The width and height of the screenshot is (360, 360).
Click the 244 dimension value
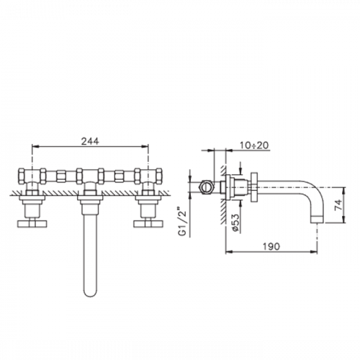(x=90, y=141)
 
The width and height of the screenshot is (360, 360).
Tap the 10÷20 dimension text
(x=254, y=145)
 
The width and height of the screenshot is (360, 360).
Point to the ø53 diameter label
(x=235, y=222)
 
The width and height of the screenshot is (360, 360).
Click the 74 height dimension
(x=338, y=204)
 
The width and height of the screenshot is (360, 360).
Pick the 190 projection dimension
(x=271, y=246)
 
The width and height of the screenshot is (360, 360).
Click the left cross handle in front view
(x=32, y=224)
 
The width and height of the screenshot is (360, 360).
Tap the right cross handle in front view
(x=148, y=224)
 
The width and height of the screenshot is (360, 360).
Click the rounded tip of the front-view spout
(x=91, y=294)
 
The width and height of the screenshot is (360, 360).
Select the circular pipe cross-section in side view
(x=206, y=186)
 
